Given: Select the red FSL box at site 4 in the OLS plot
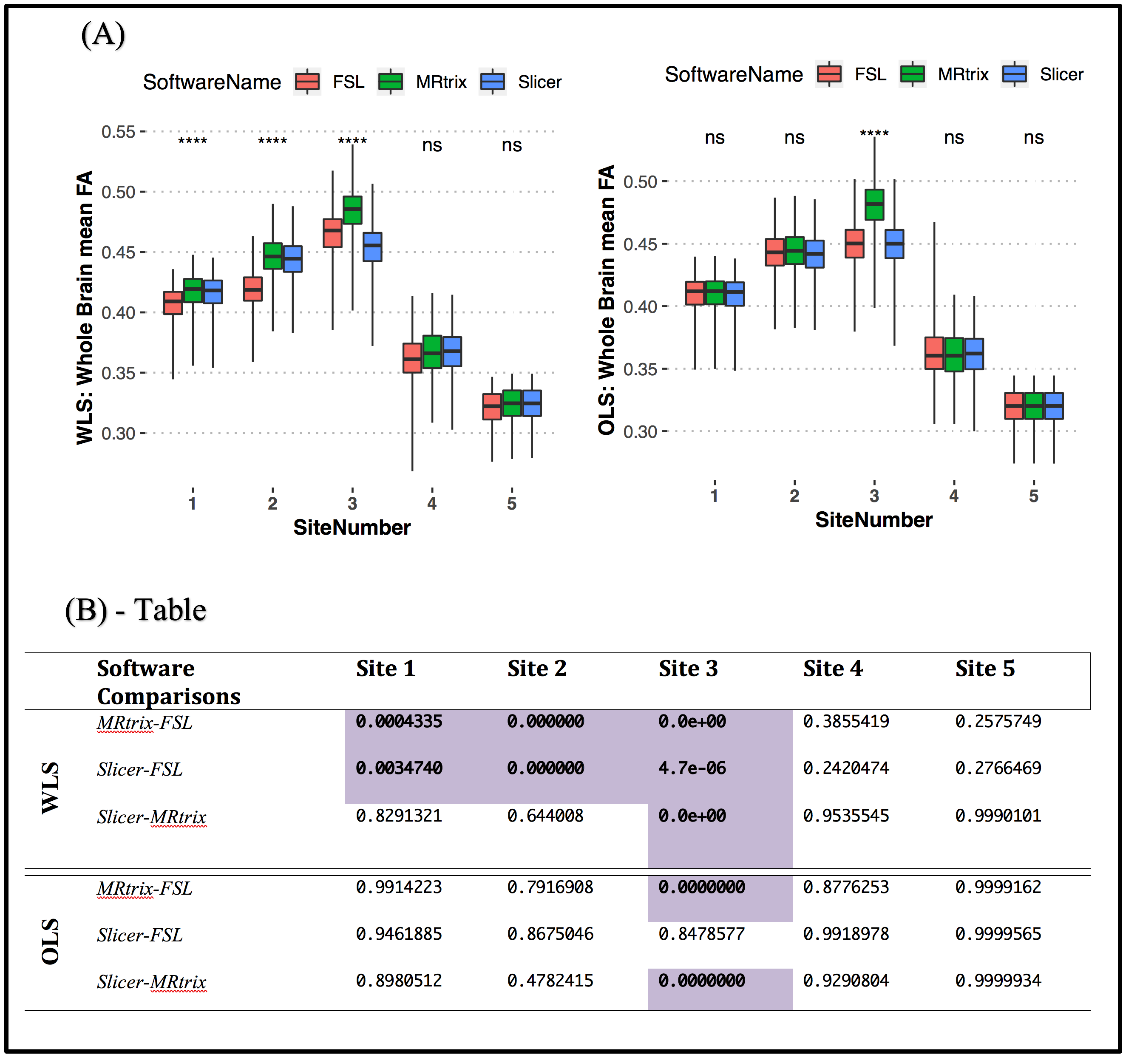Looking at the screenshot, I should [934, 353].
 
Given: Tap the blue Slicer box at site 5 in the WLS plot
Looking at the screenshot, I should [531, 403].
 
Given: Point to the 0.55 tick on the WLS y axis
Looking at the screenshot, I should [118, 132].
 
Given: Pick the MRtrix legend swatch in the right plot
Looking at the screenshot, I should [912, 74].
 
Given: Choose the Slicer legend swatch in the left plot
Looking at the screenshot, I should [492, 82].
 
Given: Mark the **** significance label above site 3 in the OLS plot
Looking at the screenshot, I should [874, 134].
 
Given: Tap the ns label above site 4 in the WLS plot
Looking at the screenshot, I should [432, 145].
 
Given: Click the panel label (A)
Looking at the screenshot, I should [103, 34].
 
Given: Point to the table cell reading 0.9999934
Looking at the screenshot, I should [998, 981].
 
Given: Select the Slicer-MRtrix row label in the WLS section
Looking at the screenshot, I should [151, 817].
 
